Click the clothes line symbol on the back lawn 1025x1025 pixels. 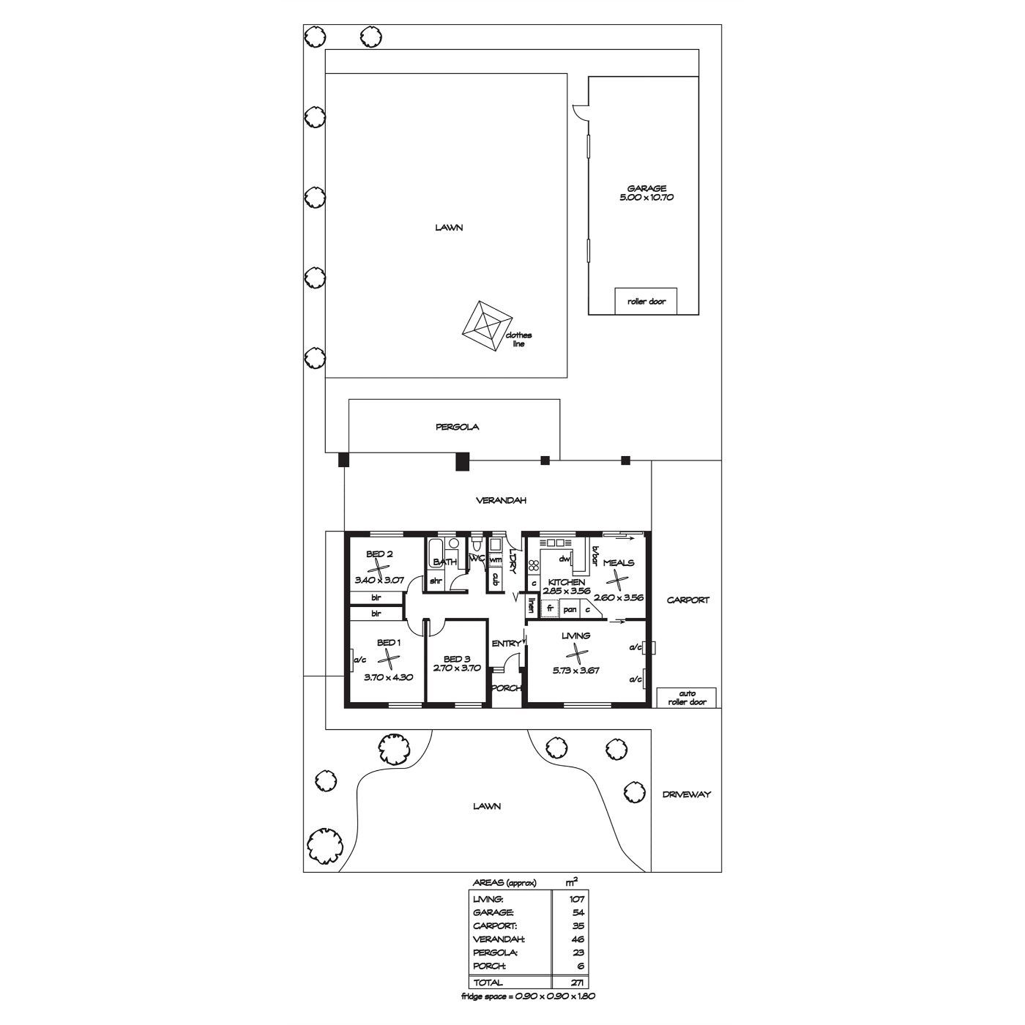486,326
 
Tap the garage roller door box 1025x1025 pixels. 646,301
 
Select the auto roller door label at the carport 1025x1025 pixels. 687,698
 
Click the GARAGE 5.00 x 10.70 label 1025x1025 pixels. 646,193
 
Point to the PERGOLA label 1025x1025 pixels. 457,427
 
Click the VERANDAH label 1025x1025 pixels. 501,500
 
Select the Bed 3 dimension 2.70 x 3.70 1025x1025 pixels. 456,668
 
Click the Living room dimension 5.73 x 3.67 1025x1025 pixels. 575,670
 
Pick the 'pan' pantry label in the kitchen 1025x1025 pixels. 570,610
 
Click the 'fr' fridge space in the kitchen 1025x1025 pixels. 550,608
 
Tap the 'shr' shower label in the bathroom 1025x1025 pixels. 436,581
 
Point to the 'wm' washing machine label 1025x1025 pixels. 495,559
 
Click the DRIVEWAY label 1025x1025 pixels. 686,794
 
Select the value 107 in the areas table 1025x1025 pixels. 577,899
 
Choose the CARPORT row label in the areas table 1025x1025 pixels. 495,925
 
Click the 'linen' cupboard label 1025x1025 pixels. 532,605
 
